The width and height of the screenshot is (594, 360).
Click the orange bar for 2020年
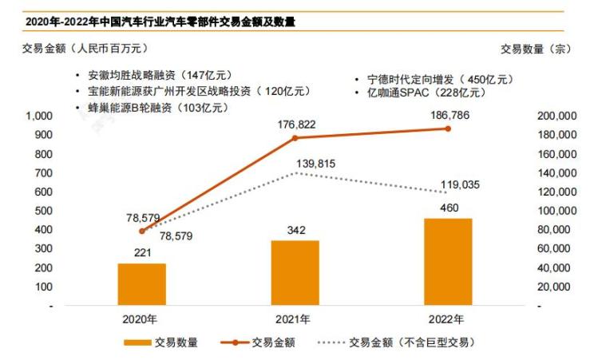point(141,284)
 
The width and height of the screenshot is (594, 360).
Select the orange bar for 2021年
point(295,273)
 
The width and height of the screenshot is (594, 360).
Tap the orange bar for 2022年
point(448,262)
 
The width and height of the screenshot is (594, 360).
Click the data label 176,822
point(295,125)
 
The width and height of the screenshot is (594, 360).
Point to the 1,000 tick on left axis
point(39,117)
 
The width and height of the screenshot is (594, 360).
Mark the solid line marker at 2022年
point(449,129)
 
